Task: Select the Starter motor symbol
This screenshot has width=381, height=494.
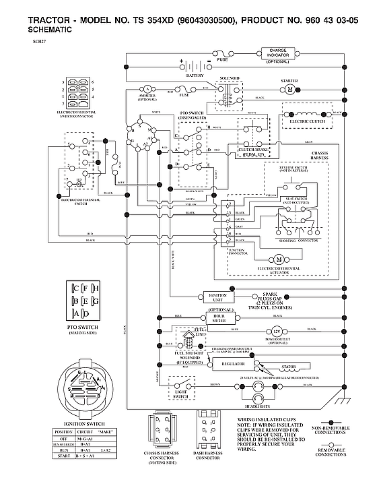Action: pos(290,89)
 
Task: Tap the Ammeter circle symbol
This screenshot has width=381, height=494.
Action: pos(147,89)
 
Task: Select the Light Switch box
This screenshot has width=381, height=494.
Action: pos(181,392)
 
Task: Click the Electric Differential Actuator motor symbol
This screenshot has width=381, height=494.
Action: pos(277,259)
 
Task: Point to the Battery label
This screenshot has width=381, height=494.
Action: pos(195,75)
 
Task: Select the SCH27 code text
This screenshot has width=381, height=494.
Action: pos(39,42)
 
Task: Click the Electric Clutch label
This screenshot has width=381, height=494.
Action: pos(307,121)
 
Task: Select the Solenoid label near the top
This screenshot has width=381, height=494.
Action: pos(230,79)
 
